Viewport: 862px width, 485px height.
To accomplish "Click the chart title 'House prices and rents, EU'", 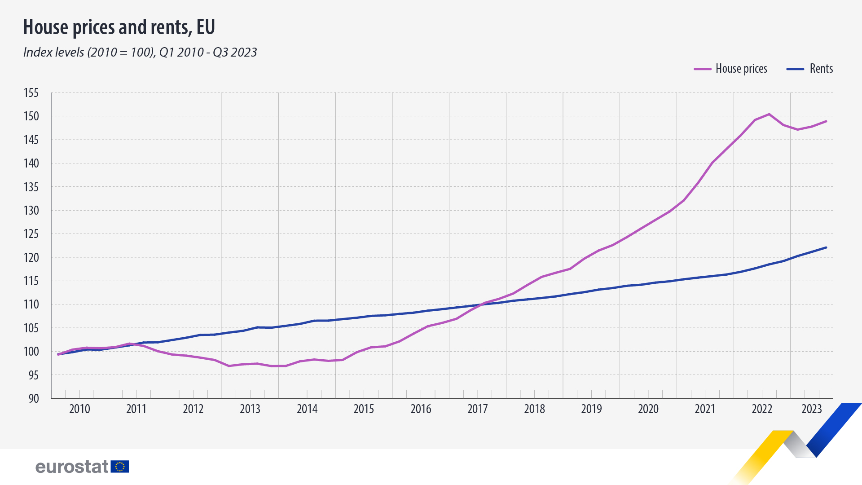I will [x=119, y=27].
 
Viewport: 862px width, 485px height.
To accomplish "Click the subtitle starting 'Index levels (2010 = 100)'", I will [x=140, y=53].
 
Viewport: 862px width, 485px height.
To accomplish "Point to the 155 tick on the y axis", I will [x=31, y=93].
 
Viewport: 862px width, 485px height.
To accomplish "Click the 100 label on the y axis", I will [x=31, y=352].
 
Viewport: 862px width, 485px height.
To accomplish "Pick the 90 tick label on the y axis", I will [x=34, y=398].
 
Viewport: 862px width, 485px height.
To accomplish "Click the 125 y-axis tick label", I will [x=31, y=234].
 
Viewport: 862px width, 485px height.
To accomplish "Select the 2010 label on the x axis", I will [x=79, y=409].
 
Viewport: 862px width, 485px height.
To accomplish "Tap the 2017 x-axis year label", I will [x=477, y=409].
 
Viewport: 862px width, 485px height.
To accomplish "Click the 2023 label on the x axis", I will [x=812, y=409].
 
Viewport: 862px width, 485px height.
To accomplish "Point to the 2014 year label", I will [x=307, y=409].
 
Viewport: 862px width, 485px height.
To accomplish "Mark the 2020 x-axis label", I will [x=648, y=409].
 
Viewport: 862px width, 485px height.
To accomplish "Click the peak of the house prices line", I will [x=769, y=114].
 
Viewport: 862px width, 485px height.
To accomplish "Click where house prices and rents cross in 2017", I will [x=480, y=305].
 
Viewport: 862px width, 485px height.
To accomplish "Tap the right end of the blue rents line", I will [x=826, y=247].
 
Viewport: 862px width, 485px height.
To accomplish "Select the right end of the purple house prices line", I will [x=826, y=121].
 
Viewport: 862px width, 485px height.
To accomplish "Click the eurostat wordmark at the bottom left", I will [x=72, y=467].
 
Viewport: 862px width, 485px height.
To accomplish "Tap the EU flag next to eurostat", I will [x=120, y=467].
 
